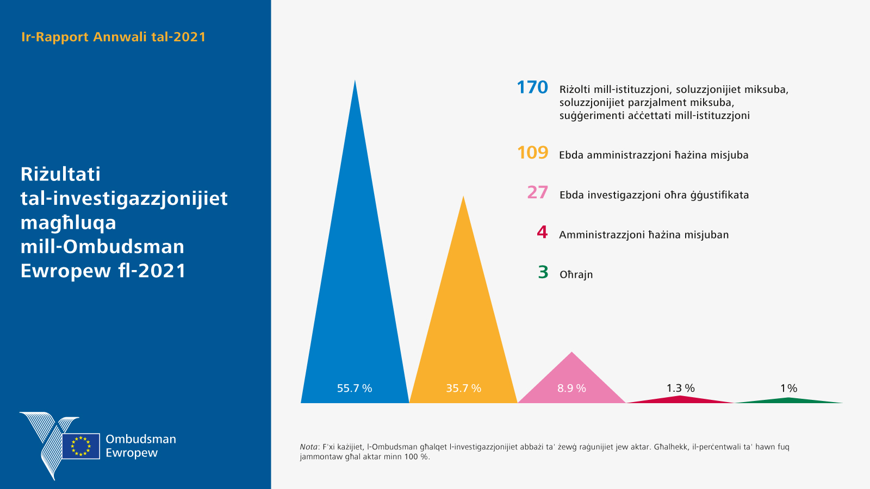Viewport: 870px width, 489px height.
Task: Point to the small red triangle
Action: (680, 399)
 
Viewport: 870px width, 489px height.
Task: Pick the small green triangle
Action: (788, 400)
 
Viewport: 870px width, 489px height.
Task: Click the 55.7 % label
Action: (355, 388)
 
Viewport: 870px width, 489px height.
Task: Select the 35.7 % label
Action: (463, 388)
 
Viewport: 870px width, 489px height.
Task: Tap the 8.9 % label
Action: (571, 388)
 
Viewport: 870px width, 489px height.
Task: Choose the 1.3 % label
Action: (680, 388)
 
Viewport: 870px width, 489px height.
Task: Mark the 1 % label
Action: (788, 388)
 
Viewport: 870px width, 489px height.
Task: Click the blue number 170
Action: (532, 88)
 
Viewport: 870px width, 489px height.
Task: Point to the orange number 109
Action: (532, 153)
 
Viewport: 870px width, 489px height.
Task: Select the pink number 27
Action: (537, 193)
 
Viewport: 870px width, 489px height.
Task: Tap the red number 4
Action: (542, 233)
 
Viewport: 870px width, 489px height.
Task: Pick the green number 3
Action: (543, 272)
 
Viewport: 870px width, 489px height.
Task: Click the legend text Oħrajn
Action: (576, 274)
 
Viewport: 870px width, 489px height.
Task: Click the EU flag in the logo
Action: (80, 446)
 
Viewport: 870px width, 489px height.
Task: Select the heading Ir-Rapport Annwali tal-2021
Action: (114, 37)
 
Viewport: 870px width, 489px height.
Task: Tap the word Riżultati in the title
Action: (60, 174)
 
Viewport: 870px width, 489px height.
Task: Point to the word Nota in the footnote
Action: (308, 447)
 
